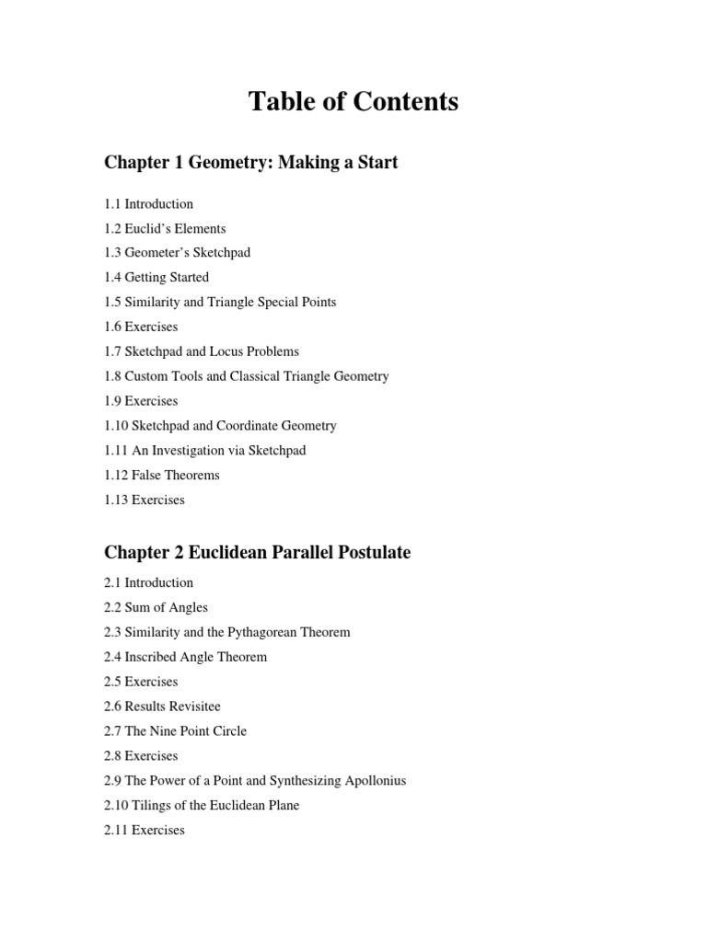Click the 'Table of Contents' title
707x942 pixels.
[353, 101]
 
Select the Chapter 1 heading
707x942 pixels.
[250, 163]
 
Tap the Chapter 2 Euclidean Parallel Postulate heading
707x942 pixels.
[257, 552]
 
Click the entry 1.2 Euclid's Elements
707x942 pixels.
[165, 228]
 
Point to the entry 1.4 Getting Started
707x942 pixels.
[156, 277]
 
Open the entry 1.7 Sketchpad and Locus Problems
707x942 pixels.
[202, 351]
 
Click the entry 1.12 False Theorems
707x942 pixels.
[162, 475]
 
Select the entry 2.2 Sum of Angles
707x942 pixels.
[156, 607]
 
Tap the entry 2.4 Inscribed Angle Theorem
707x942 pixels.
[185, 657]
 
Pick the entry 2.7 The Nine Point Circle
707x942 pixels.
[175, 730]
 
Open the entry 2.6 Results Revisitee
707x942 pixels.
[162, 706]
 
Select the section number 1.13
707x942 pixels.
[116, 500]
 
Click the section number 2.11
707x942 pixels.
[116, 830]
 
